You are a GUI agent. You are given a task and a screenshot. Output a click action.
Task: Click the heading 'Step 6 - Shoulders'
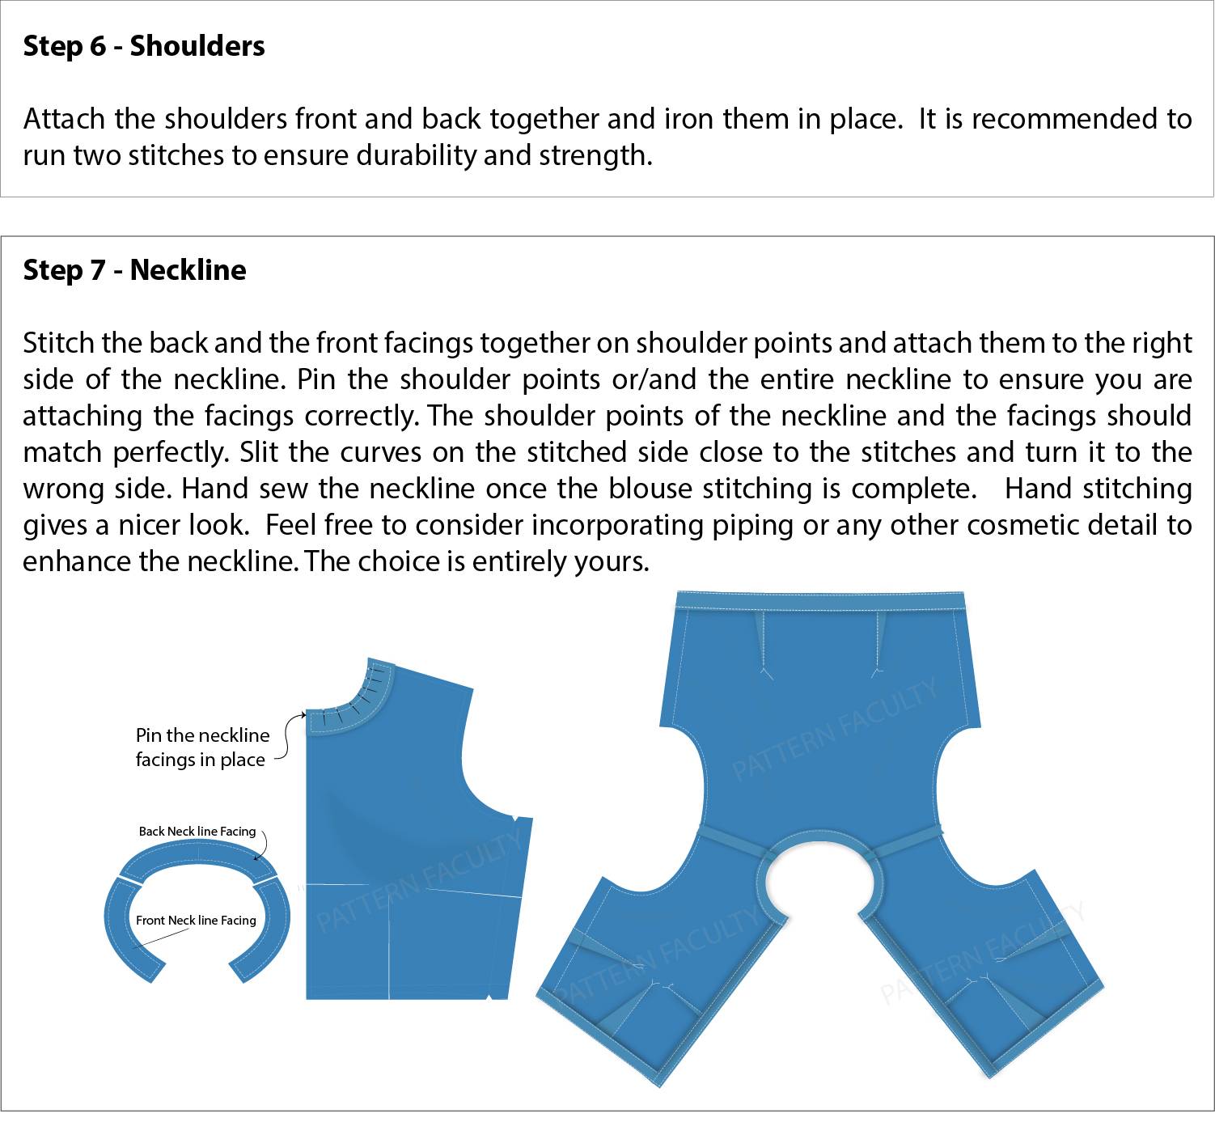pos(144,46)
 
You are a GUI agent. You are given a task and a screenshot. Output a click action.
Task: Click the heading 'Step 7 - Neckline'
pos(134,270)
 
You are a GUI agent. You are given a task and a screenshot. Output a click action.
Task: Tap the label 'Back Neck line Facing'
pos(197,832)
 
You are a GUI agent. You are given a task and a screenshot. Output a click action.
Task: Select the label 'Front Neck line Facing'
pos(196,921)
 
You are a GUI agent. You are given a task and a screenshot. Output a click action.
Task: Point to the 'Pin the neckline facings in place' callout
pos(201,747)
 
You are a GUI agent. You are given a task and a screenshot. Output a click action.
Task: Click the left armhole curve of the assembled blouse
pos(697,777)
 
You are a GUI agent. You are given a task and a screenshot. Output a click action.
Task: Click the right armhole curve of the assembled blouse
pos(943,777)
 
